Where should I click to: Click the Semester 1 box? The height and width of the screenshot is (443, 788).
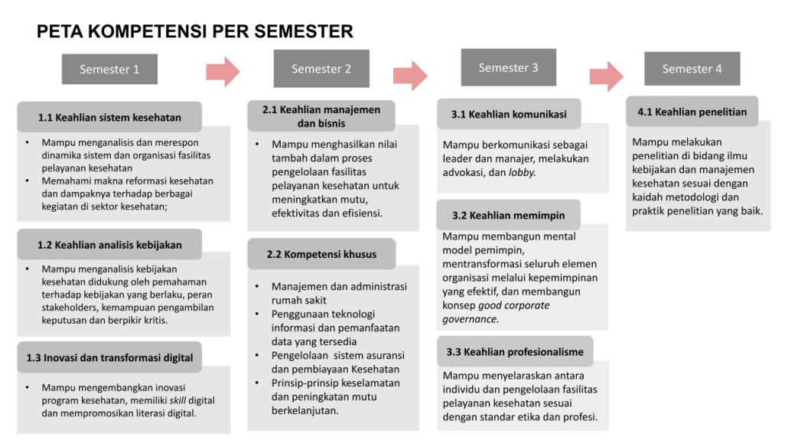click(109, 70)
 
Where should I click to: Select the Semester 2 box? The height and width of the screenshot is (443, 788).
click(321, 69)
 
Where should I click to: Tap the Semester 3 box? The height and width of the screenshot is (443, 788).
click(508, 68)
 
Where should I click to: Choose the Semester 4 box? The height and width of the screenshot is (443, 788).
click(692, 69)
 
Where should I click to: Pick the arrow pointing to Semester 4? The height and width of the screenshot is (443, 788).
click(606, 74)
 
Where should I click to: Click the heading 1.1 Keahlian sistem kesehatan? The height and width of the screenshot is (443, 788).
click(109, 118)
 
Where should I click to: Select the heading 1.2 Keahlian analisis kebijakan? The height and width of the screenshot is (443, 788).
click(109, 245)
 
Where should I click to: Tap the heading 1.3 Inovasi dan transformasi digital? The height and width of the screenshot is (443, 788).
click(109, 357)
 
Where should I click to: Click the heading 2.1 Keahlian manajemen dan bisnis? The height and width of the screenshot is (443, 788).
click(321, 116)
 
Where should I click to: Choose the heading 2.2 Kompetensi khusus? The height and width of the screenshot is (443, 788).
click(321, 254)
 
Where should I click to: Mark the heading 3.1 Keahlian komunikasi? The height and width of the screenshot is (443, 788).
click(509, 115)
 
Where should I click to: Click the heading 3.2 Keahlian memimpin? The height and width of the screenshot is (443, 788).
click(507, 216)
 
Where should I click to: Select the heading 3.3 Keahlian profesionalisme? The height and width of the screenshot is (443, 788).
click(515, 352)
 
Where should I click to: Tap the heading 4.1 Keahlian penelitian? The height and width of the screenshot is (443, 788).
click(692, 112)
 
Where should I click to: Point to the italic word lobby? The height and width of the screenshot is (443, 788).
click(523, 172)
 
